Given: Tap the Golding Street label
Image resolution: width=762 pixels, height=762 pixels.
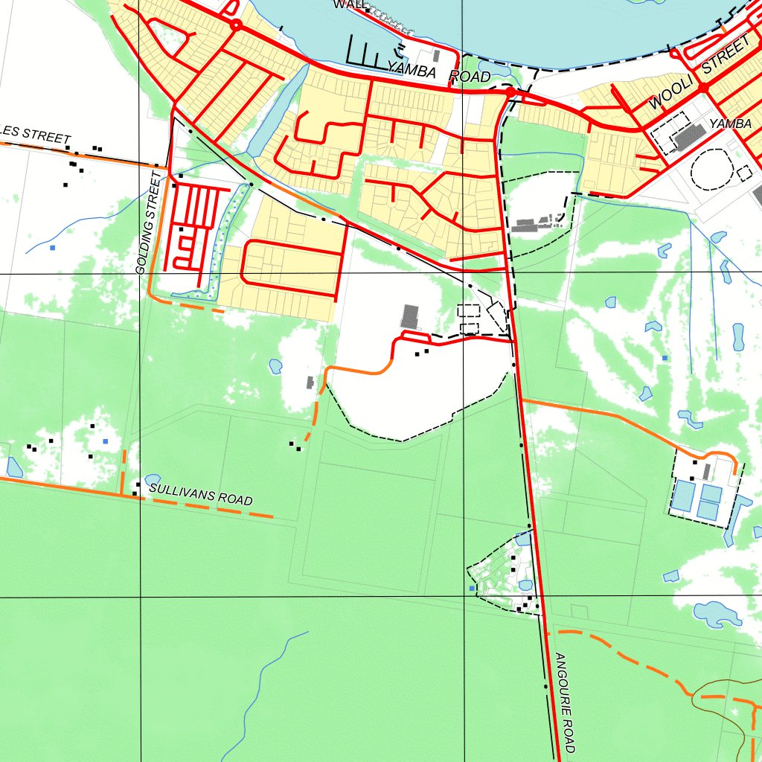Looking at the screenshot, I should tap(149, 222).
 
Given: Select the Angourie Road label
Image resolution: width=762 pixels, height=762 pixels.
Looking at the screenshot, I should tap(566, 702).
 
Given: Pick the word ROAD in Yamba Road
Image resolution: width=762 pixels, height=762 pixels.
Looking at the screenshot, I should tap(470, 77).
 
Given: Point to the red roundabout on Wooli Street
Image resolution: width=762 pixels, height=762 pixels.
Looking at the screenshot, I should tap(702, 87).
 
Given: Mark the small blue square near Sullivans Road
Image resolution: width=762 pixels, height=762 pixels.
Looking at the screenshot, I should tap(106, 441).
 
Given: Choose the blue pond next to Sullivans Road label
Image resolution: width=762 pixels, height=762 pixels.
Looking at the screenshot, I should tap(153, 479).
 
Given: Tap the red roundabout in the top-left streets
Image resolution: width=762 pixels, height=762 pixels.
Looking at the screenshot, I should tap(236, 25).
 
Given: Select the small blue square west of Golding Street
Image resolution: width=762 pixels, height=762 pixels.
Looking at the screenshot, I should tap(53, 247).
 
